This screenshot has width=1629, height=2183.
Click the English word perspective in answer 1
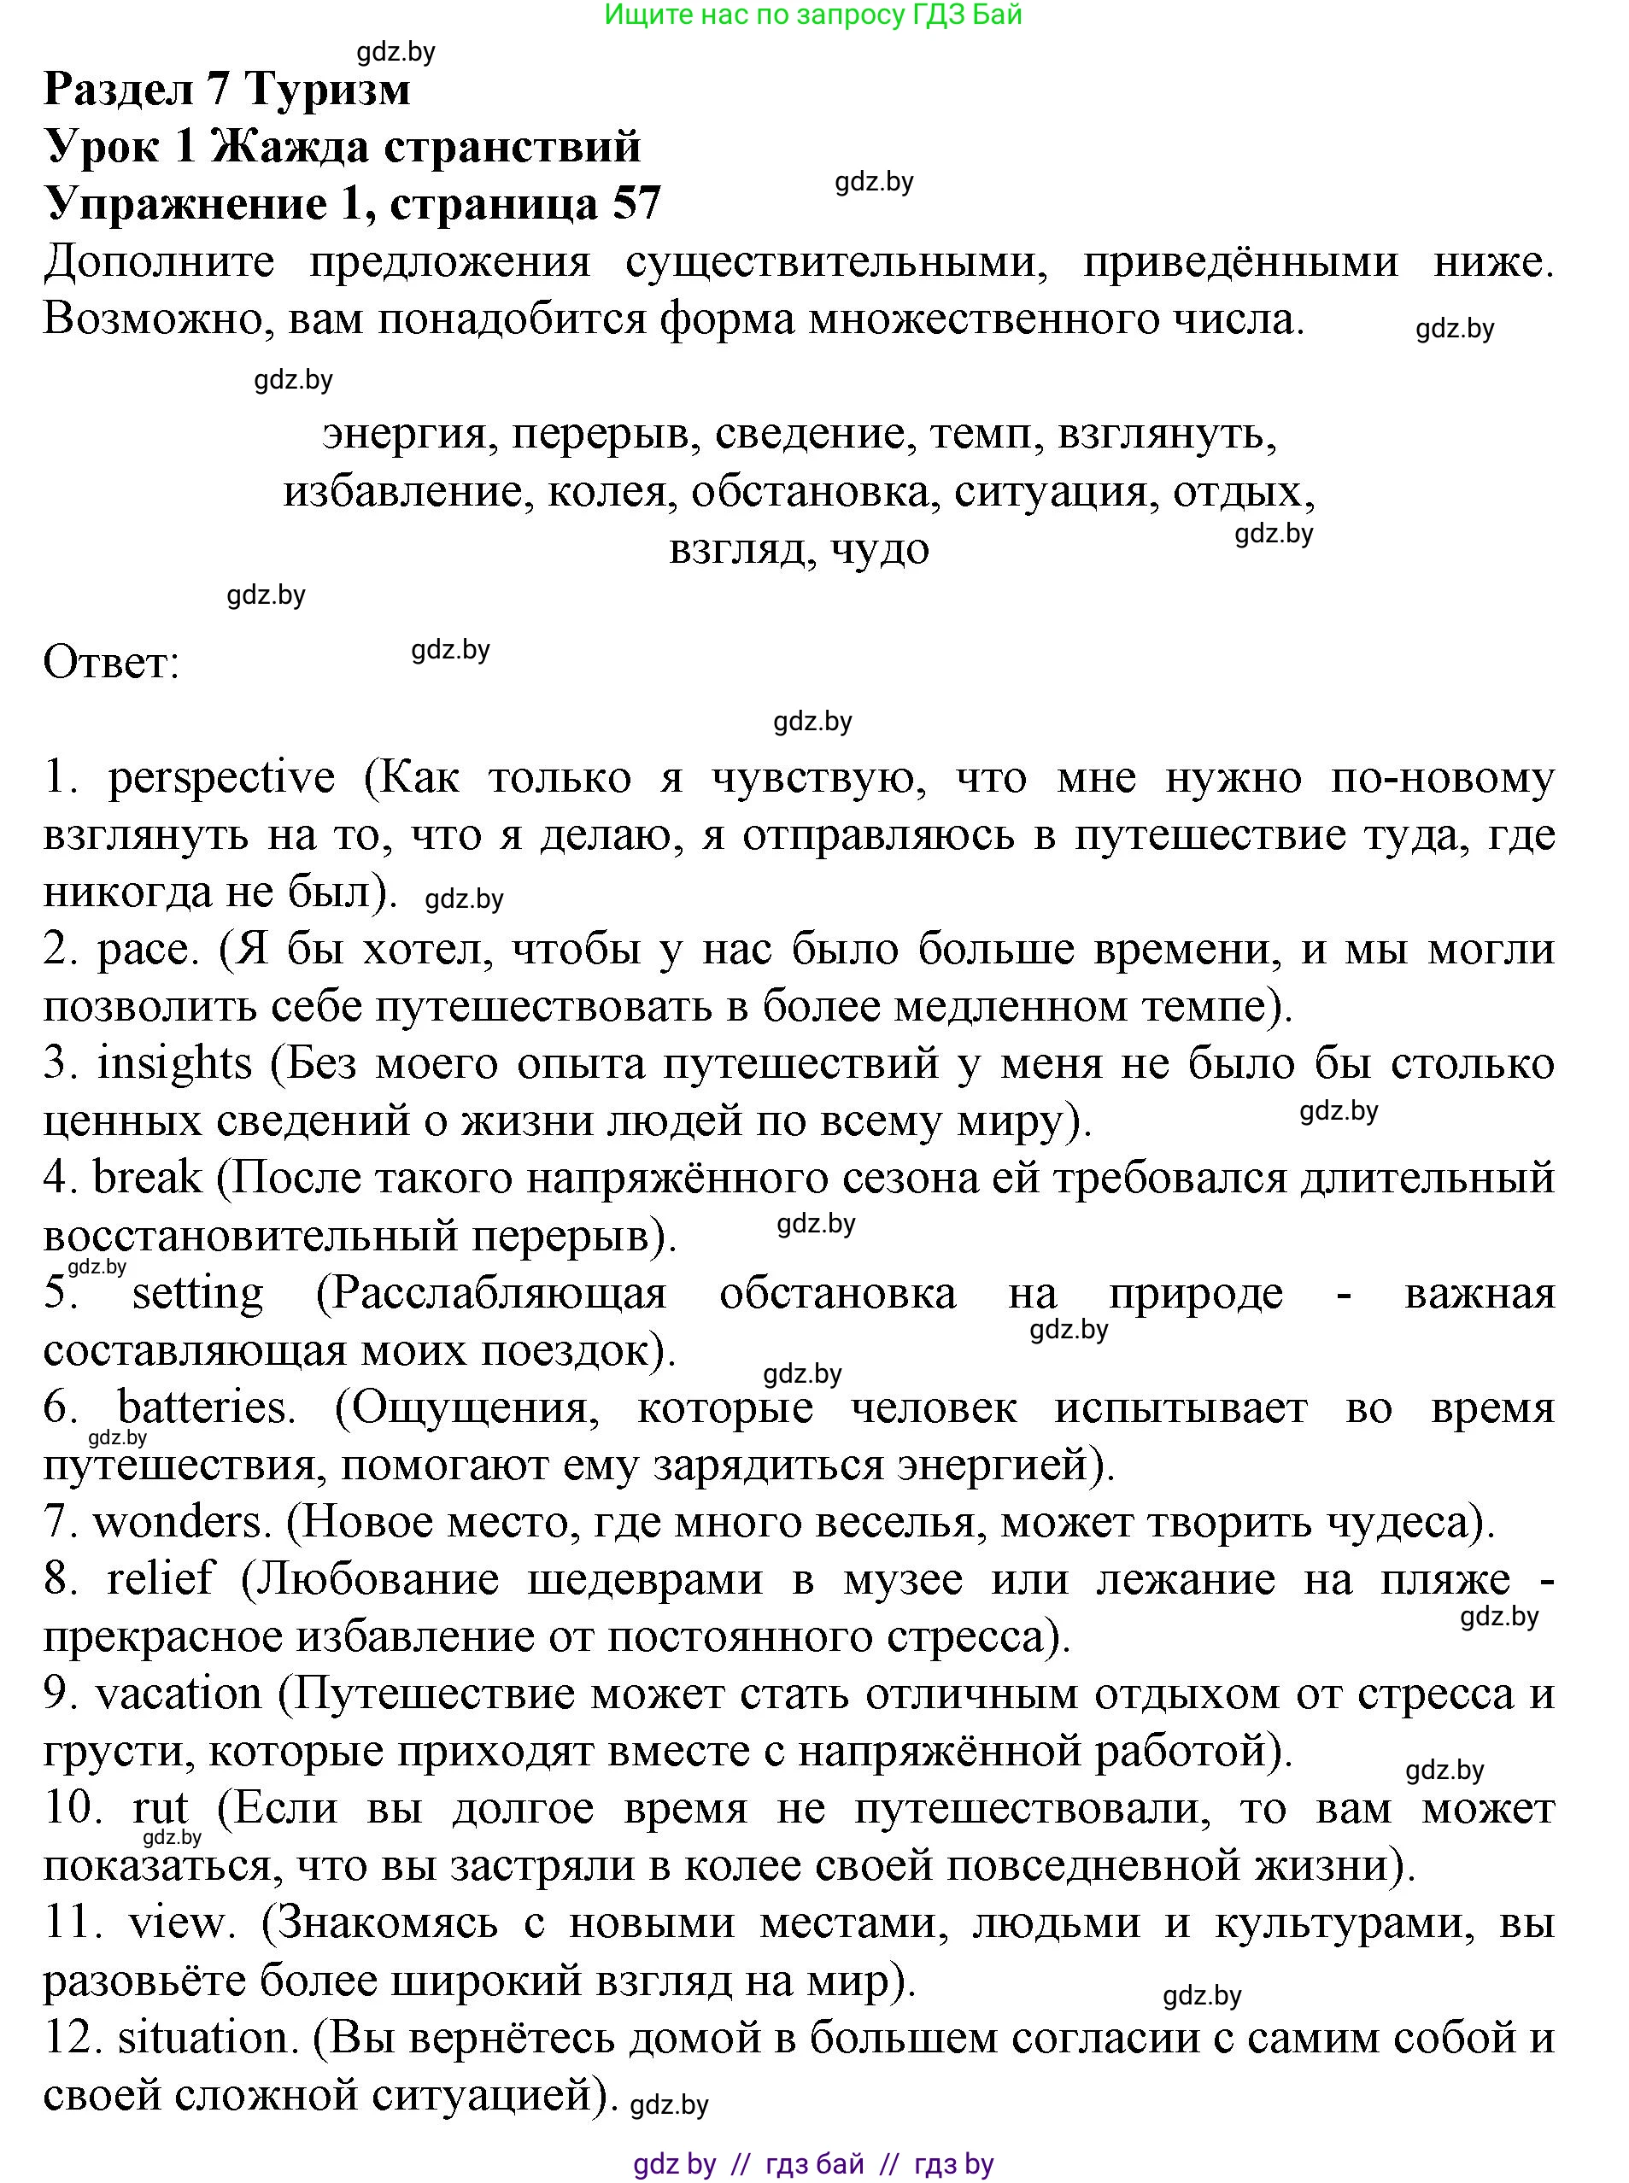221,779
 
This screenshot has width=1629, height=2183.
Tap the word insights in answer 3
174,1065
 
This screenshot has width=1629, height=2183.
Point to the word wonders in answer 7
180,1523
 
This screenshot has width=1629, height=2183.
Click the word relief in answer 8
160,1579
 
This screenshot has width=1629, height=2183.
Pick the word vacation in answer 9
179,1694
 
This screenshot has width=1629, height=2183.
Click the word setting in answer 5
197,1294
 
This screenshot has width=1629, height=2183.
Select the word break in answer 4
147,1179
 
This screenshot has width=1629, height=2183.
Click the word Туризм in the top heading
326,90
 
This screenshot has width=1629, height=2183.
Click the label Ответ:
111,663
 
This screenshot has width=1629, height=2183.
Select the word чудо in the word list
880,548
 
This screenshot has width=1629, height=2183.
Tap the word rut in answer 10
160,1808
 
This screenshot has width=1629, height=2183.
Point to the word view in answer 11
175,1923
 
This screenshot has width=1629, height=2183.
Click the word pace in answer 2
141,951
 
